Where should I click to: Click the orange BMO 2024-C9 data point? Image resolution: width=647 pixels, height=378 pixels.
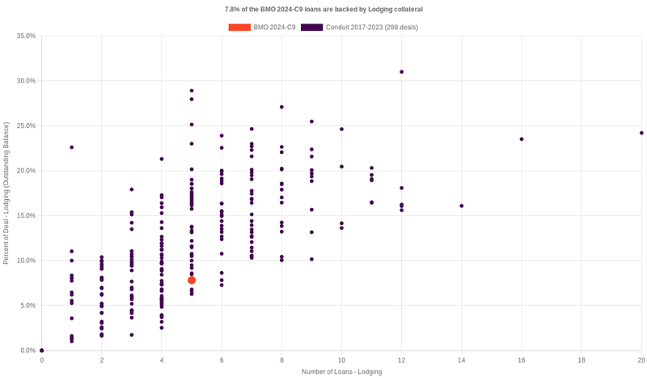click(x=192, y=280)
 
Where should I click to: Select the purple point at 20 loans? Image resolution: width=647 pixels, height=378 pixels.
click(x=641, y=133)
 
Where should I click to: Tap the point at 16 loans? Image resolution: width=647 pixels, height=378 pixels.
click(x=522, y=139)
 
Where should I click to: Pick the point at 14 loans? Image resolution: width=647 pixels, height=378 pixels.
click(x=462, y=206)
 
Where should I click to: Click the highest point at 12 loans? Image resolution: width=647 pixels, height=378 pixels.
click(x=401, y=72)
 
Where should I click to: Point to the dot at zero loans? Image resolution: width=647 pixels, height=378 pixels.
click(x=42, y=350)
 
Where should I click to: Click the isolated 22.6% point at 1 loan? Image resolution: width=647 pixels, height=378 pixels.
click(x=72, y=147)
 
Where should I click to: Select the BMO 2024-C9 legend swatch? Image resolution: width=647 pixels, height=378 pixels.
click(x=239, y=28)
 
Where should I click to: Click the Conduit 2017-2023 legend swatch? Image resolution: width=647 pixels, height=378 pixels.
click(x=311, y=28)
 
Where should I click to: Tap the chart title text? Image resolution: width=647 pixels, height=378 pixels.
click(x=323, y=9)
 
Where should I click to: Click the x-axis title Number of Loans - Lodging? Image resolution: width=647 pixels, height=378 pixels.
click(x=341, y=372)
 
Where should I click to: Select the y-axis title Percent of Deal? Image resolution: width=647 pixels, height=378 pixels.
click(x=6, y=193)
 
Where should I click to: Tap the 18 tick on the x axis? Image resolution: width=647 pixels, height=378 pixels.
click(x=581, y=359)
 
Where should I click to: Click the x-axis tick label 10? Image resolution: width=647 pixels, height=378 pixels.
click(x=341, y=359)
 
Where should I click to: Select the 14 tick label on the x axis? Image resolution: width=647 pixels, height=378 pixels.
click(x=462, y=359)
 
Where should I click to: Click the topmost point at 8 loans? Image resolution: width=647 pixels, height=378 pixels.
click(x=281, y=107)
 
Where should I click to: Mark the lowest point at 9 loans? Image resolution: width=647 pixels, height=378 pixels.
click(x=311, y=259)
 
